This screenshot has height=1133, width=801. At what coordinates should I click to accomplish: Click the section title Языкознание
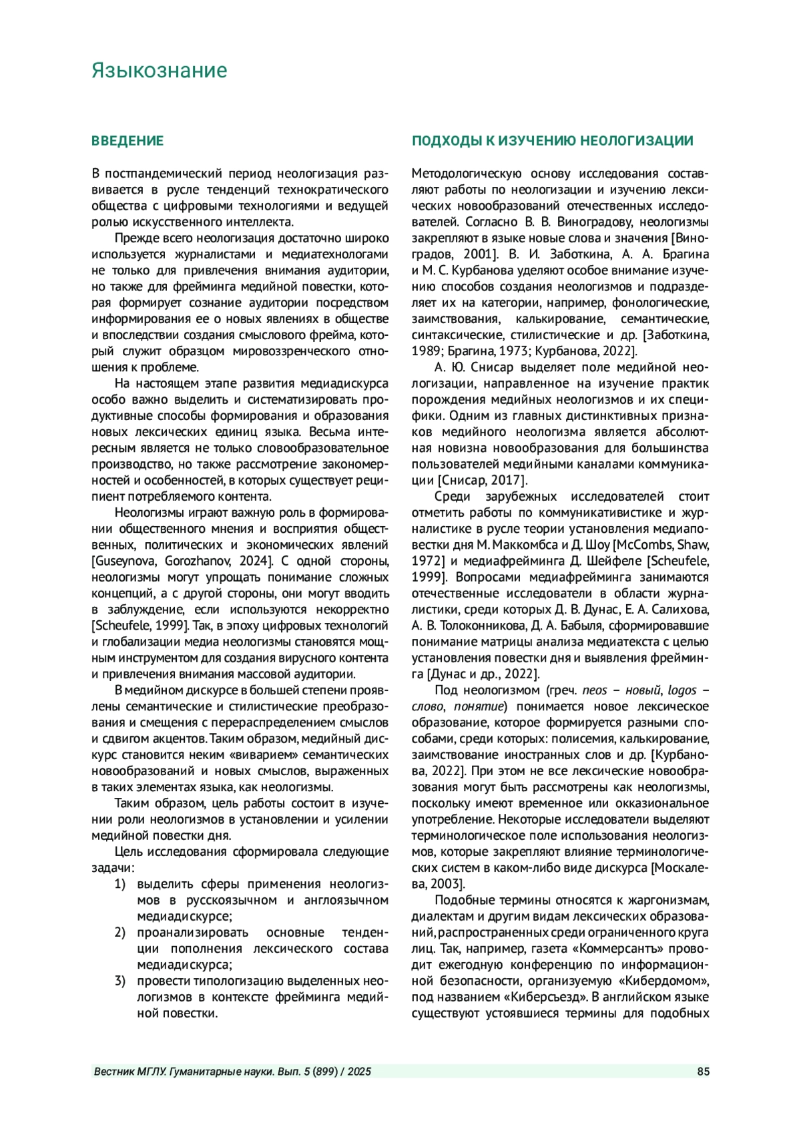(159, 71)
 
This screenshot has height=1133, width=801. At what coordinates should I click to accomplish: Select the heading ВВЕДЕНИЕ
(127, 141)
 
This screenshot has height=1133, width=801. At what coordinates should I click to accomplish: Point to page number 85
(703, 1072)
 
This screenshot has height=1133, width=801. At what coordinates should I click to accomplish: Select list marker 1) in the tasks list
(120, 884)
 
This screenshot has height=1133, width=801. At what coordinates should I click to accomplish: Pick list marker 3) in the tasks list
(120, 981)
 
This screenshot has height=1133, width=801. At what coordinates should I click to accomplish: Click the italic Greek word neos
(594, 690)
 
